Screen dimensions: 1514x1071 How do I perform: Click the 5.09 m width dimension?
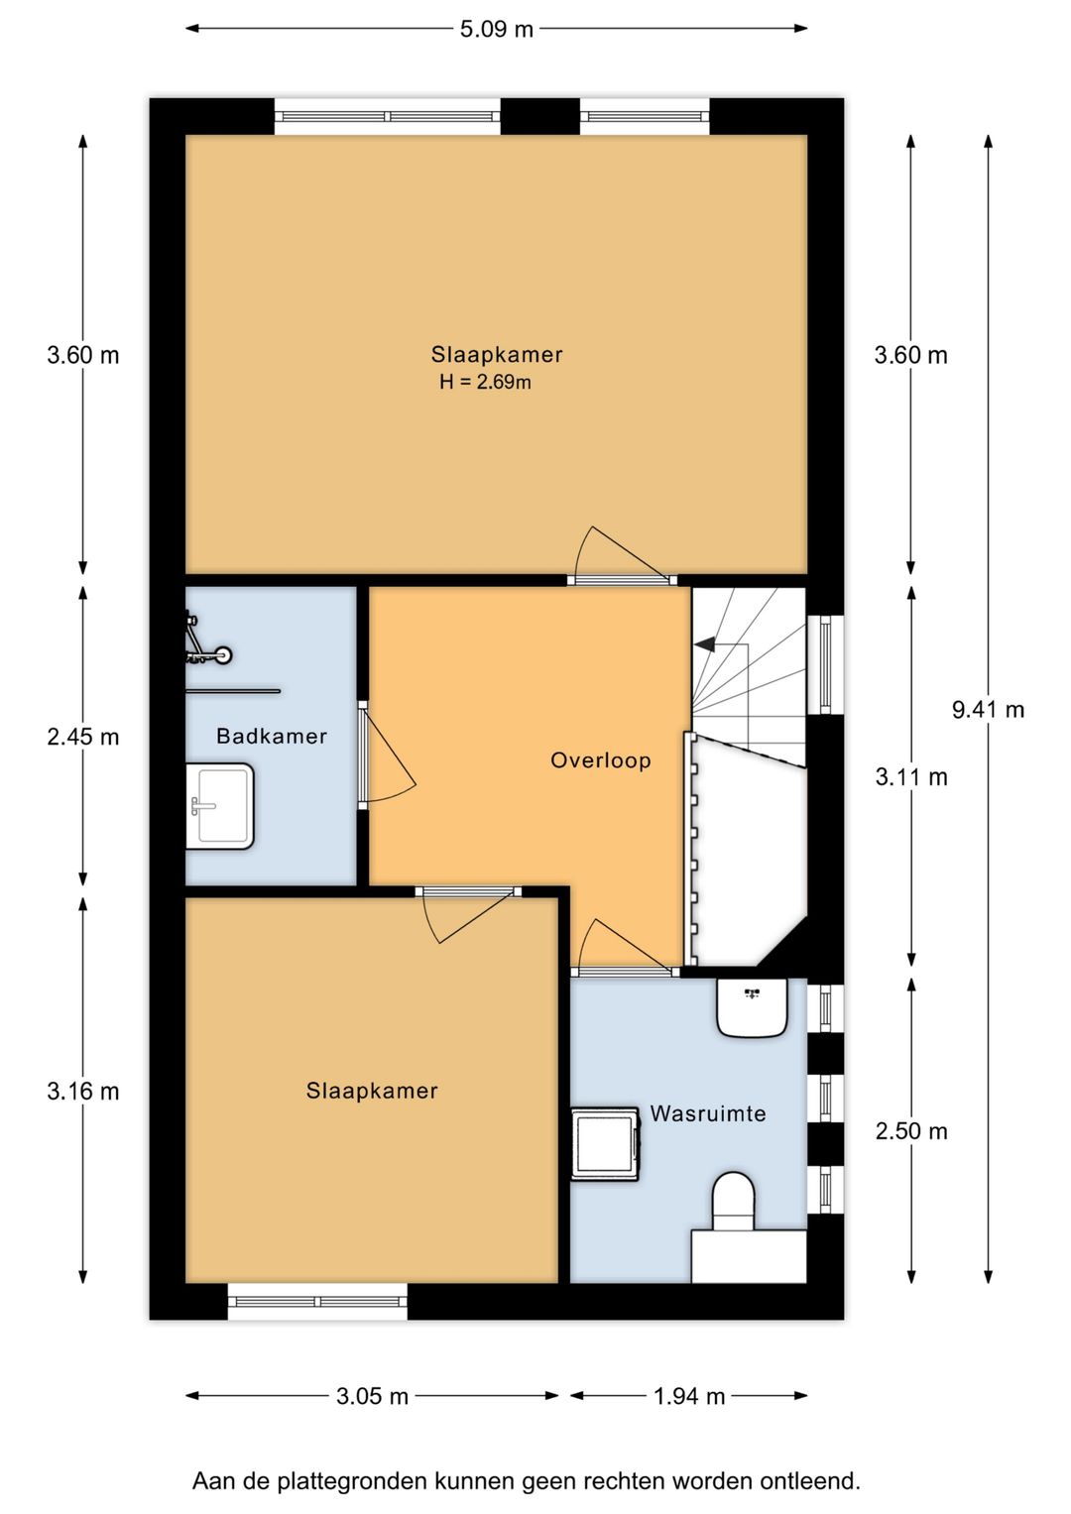[x=496, y=29]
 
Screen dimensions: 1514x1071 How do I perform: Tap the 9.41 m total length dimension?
[x=988, y=709]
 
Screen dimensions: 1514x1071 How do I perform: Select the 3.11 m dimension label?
[x=910, y=777]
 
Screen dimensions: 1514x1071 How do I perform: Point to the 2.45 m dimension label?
[x=83, y=737]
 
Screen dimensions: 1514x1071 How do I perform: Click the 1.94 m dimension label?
[x=689, y=1396]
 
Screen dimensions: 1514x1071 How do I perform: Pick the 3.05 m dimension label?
[x=372, y=1396]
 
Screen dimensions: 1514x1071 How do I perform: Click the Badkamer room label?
[x=272, y=736]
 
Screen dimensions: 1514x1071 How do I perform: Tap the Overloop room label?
[x=601, y=760]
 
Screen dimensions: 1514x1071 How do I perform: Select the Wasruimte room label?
[x=708, y=1113]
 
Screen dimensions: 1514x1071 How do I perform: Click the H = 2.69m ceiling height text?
[x=485, y=383]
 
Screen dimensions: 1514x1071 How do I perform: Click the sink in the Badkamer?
[x=219, y=804]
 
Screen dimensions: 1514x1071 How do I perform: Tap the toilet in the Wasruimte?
[x=734, y=1200]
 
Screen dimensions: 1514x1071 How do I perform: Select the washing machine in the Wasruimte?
[x=605, y=1142]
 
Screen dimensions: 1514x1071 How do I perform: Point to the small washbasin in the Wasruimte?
[x=753, y=1005]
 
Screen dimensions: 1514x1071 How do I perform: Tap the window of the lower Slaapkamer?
[x=317, y=1301]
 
